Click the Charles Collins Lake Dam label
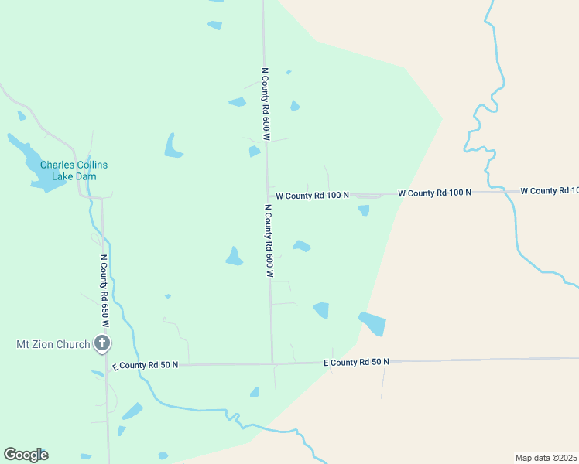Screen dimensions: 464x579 click(74, 170)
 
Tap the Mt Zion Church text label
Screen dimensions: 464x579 click(53, 344)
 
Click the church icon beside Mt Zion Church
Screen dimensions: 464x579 click(101, 343)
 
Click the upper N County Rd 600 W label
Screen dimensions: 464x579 click(265, 103)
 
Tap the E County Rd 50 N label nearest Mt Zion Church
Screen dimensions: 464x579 click(145, 365)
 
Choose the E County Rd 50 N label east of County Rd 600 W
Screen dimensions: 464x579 click(356, 362)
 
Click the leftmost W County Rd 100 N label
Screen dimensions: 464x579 click(313, 196)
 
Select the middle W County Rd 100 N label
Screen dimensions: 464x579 click(434, 192)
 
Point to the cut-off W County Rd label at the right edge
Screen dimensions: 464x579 click(549, 190)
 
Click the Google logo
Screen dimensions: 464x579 click(26, 455)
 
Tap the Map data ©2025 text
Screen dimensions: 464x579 click(546, 457)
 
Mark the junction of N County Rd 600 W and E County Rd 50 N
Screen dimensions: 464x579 click(272, 363)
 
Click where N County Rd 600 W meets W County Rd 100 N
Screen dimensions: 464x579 click(268, 195)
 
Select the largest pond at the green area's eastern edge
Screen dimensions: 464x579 click(372, 322)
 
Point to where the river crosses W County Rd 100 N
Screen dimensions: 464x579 click(505, 191)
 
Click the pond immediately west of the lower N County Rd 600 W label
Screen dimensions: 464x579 click(234, 256)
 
